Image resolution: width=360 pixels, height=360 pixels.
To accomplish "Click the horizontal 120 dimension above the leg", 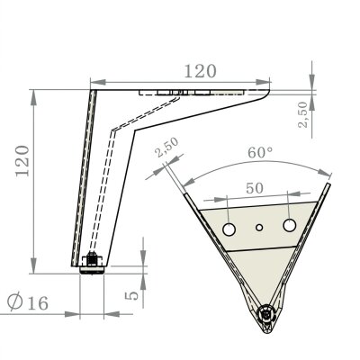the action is pyautogui.click(x=200, y=71).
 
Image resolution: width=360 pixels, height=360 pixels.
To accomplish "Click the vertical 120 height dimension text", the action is pyautogui.click(x=22, y=161).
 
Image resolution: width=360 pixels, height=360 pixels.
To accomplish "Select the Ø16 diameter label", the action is pyautogui.click(x=28, y=302).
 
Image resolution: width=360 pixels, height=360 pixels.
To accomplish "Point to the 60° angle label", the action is pyautogui.click(x=260, y=152).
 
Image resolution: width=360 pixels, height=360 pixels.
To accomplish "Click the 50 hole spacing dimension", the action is pyautogui.click(x=255, y=188).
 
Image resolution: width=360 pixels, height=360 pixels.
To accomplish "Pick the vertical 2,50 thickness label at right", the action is pyautogui.click(x=303, y=114).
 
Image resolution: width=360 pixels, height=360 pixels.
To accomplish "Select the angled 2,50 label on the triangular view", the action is pyautogui.click(x=167, y=148).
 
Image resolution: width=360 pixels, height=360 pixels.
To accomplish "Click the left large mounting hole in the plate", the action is pyautogui.click(x=229, y=229).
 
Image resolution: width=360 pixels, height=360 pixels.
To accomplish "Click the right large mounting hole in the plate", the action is pyautogui.click(x=290, y=225).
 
